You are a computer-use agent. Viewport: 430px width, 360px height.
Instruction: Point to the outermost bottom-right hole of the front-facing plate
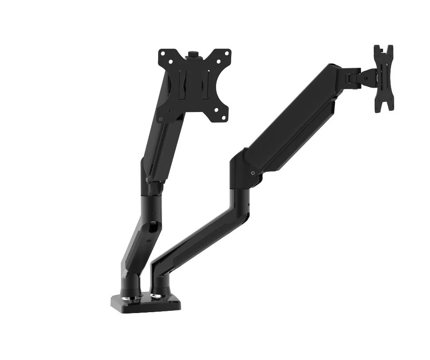coord(224,118)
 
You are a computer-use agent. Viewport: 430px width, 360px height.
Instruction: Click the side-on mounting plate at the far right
coord(383,78)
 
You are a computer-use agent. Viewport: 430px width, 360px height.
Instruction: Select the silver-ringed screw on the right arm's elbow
coord(252,174)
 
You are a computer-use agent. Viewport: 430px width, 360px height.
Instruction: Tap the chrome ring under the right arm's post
coord(158,294)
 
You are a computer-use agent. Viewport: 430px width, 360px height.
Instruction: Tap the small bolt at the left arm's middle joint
coord(148,180)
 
